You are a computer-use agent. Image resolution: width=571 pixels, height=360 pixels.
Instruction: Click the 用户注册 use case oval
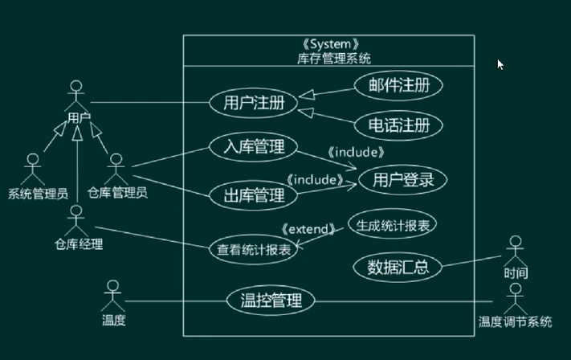(x=253, y=103)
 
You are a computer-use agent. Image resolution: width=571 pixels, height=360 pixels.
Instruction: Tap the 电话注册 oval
(x=394, y=125)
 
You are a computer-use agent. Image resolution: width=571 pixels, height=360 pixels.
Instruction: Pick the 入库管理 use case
(x=253, y=147)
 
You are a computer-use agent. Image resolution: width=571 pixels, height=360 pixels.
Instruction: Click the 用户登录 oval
(x=402, y=180)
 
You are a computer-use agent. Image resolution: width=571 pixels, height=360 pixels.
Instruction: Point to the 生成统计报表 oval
(x=394, y=225)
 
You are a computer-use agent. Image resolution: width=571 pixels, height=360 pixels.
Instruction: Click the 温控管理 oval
(x=271, y=301)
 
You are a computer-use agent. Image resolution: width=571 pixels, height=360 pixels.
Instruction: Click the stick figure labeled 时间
(x=516, y=250)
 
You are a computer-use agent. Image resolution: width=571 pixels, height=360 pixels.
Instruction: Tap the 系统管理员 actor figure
(x=32, y=170)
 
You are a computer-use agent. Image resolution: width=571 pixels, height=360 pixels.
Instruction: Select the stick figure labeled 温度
(x=113, y=296)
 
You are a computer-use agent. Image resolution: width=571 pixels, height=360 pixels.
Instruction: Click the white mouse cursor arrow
(x=500, y=64)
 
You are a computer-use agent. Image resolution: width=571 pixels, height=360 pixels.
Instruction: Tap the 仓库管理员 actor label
(x=117, y=193)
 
